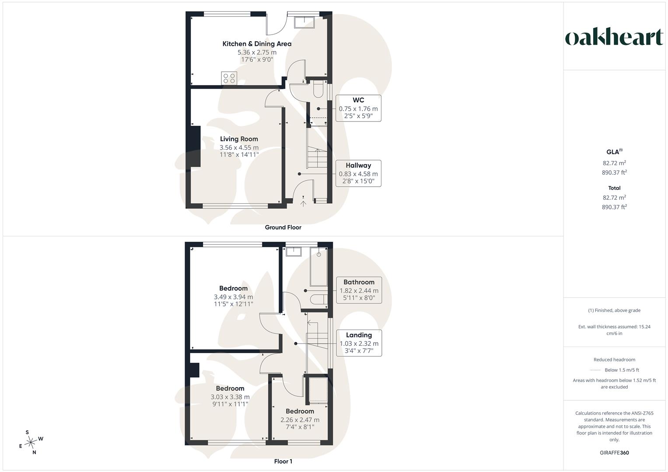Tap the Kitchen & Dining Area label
[x=257, y=44]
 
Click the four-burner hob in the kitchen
[x=229, y=78]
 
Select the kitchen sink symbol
[x=304, y=22]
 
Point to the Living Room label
[x=239, y=139]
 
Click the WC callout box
[x=358, y=108]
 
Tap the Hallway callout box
[x=358, y=174]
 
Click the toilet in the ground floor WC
[x=318, y=89]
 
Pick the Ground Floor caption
[x=283, y=227]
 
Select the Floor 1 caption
[x=283, y=461]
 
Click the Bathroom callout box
[x=359, y=290]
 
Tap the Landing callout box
[x=359, y=343]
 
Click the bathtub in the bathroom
[x=319, y=267]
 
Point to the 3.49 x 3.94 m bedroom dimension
[x=233, y=297]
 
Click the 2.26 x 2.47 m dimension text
[x=300, y=420]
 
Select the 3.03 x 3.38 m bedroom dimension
[x=230, y=397]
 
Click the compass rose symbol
[x=31, y=442]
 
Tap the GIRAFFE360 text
[x=614, y=453]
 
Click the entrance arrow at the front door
[x=303, y=204]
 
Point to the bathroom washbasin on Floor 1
[x=294, y=251]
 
